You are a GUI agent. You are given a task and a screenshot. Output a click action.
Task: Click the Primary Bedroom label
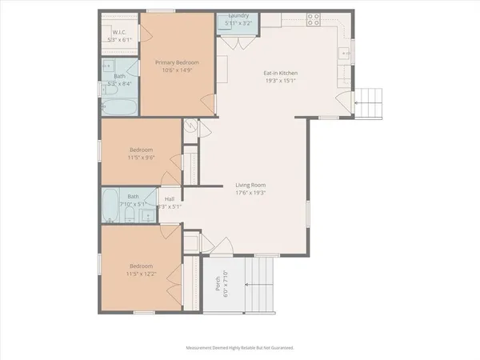click(x=176, y=62)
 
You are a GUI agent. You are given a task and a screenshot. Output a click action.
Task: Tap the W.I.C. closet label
click(x=120, y=34)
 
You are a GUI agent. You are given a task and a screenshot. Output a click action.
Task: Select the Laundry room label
click(x=238, y=16)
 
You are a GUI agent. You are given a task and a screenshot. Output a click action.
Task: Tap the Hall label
click(x=169, y=199)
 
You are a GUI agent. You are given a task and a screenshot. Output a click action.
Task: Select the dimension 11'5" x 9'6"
click(x=141, y=157)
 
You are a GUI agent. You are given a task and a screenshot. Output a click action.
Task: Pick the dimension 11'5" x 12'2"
click(x=140, y=273)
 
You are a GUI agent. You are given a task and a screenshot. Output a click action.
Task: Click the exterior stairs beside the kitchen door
click(x=368, y=101)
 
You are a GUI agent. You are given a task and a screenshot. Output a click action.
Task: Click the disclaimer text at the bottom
click(x=240, y=348)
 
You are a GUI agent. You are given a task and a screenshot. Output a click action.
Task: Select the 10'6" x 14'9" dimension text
click(x=176, y=70)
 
